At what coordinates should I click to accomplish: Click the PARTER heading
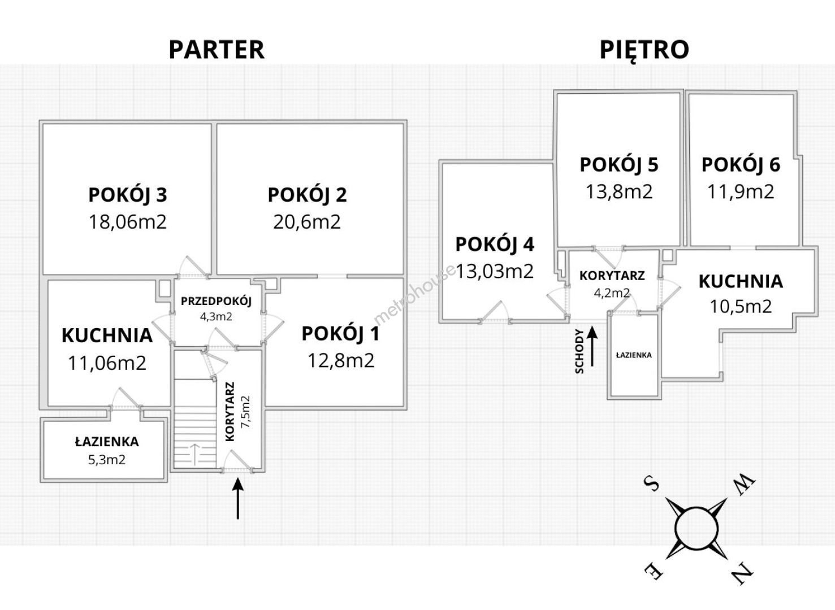pos(216,50)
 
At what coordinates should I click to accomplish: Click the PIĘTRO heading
pos(644,50)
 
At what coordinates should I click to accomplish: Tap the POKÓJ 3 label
pos(127,195)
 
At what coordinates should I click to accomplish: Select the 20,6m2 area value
pos(307,221)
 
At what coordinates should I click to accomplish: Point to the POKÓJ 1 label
pos(340,334)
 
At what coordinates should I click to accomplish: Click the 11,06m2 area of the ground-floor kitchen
pos(107,363)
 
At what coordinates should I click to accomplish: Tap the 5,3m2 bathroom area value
pos(107,460)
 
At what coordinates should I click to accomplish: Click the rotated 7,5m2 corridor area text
pos(245,411)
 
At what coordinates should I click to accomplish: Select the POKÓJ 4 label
pos(495,245)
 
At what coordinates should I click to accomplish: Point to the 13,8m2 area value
pos(619,191)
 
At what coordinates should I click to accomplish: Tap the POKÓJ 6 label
pos(741,164)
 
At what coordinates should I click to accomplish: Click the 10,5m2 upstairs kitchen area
pos(741,306)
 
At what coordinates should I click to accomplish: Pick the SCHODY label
pos(579,351)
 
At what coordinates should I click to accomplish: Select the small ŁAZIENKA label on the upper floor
pos(634,355)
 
